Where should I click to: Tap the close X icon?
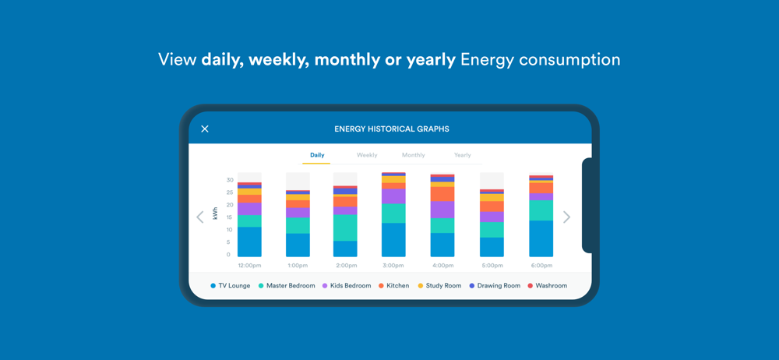point(205,129)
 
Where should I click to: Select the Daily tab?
point(317,155)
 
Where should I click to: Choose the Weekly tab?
point(367,155)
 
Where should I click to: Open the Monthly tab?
point(414,155)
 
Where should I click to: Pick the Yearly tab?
point(463,155)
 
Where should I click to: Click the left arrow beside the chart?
point(200,217)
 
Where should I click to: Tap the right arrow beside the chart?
point(566,217)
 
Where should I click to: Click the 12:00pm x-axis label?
point(249,266)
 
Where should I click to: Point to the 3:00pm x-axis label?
point(394,266)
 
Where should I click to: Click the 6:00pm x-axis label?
point(541,266)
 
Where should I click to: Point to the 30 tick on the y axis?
point(230,180)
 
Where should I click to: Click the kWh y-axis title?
point(216,214)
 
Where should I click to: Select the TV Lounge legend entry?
point(230,286)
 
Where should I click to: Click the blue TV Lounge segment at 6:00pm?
point(541,238)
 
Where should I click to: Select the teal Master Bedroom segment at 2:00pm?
point(345,228)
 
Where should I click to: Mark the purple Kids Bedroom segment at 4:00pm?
point(442,210)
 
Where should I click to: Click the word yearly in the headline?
point(426,60)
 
